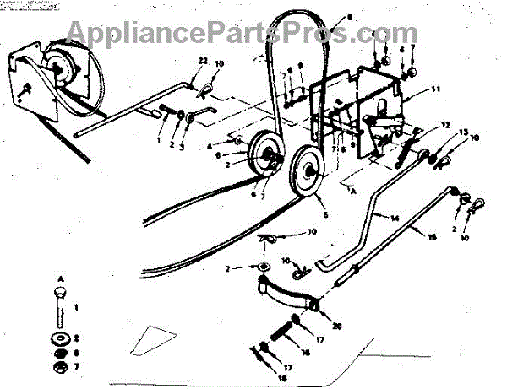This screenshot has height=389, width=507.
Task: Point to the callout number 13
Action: [x=463, y=133]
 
